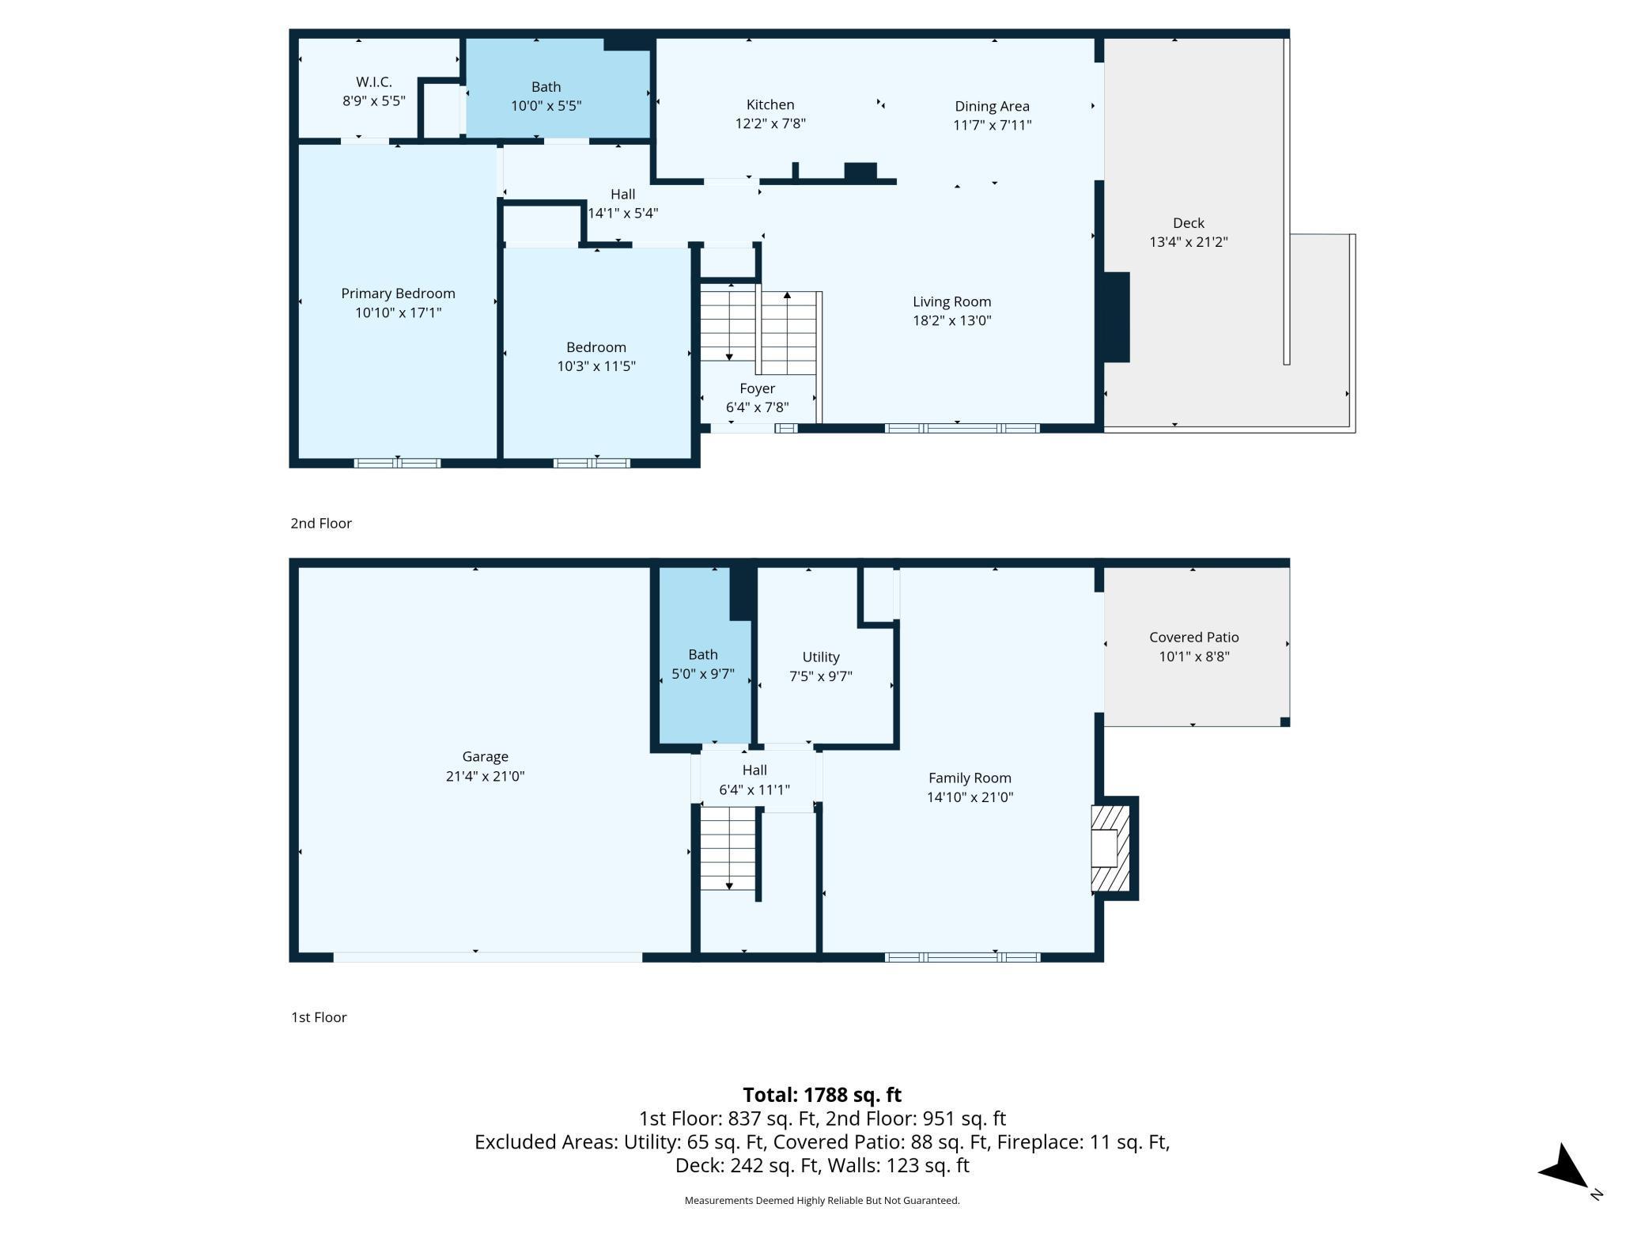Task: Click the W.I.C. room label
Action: point(373,81)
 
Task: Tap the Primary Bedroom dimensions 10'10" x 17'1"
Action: point(398,312)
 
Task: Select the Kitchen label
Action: point(770,104)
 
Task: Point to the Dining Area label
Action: point(992,106)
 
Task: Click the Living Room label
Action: point(951,301)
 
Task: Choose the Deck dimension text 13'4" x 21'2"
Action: point(1188,242)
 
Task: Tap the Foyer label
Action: point(757,388)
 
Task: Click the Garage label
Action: point(485,757)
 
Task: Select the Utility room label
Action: point(821,657)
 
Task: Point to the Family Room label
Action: point(970,778)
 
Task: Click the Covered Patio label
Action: point(1193,637)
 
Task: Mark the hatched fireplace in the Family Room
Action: point(1110,848)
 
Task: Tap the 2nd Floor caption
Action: point(321,523)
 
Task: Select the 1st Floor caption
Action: point(319,1017)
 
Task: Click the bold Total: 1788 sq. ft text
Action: point(822,1095)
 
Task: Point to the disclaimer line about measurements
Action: point(822,1200)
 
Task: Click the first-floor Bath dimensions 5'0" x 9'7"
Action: point(702,674)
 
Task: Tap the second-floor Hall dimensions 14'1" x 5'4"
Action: point(622,213)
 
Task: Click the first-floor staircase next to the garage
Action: point(728,849)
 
